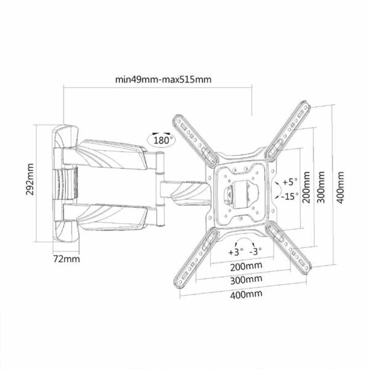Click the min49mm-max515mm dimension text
coord(163,79)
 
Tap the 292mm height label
coord(30,180)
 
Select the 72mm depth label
coord(66,259)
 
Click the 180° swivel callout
coord(161,140)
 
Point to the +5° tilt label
coord(290,181)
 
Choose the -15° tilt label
coord(290,196)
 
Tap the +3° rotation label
coord(236,252)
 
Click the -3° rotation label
coord(255,252)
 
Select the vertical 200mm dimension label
coord(306,187)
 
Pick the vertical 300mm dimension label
coord(320,187)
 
